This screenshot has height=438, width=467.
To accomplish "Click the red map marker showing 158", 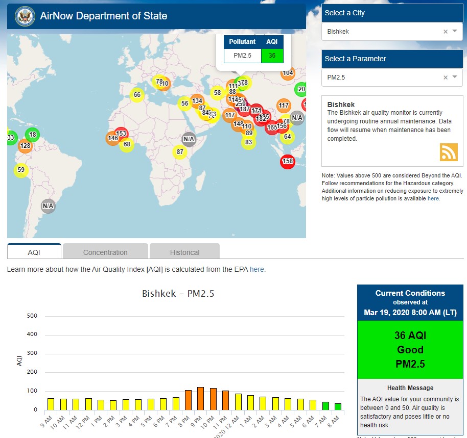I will (x=288, y=162).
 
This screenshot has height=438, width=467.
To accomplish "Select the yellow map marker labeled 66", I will (x=136, y=95).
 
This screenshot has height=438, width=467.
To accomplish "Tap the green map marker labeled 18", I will (x=32, y=135).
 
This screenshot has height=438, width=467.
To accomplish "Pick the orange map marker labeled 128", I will (x=25, y=146).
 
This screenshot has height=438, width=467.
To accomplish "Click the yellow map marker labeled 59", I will (x=20, y=170).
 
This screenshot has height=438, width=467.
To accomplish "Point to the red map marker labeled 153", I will (x=121, y=134).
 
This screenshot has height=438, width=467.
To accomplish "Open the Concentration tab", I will (x=105, y=252).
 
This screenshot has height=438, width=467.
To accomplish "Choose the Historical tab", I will (x=184, y=252).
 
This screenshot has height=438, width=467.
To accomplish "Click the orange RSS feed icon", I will (x=448, y=152).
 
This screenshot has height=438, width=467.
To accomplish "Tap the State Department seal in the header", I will (x=24, y=16).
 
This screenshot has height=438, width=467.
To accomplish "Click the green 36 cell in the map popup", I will (x=272, y=56).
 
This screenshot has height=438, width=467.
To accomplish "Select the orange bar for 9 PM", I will (x=200, y=398).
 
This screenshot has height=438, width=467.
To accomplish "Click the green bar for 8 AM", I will (x=337, y=406).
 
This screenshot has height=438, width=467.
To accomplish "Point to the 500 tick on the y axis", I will (x=32, y=316).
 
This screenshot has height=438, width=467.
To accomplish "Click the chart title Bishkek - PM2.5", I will (x=178, y=294).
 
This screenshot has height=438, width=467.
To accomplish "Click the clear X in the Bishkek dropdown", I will (x=445, y=32).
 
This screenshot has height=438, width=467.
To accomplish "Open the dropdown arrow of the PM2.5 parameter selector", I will (x=454, y=78).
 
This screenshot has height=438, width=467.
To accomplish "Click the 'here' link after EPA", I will (x=256, y=269).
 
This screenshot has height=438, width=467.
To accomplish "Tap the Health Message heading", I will (x=410, y=388).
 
